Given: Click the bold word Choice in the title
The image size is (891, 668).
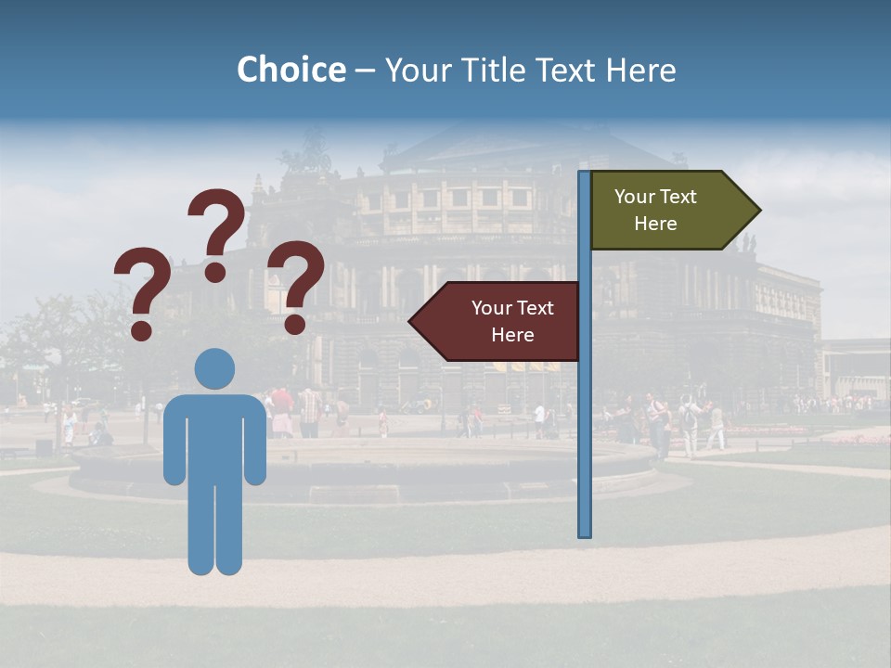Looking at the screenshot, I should pos(291,70).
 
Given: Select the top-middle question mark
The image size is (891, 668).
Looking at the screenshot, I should pos(216,232).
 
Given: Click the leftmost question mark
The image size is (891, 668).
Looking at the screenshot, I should pos(141,290).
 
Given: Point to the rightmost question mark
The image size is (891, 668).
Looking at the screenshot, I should pos(295,284).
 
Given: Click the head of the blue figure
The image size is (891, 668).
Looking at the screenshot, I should pos(214,369).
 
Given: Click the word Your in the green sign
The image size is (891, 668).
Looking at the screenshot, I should pos(634,197).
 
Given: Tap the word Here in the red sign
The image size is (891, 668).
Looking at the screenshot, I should pos(512,335).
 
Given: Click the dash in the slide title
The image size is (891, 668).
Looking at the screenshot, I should pos(365,71).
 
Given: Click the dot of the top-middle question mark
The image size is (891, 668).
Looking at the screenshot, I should pos(215,272).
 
